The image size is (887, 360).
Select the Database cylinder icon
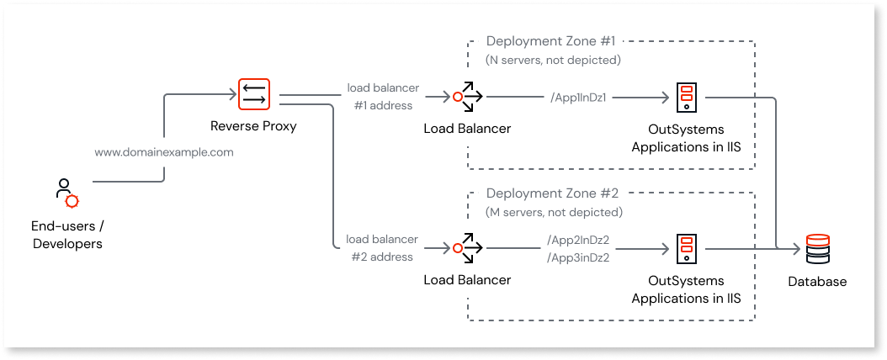click(817, 250)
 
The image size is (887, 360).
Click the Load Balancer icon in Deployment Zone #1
click(467, 98)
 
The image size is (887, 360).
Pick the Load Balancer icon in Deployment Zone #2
click(467, 249)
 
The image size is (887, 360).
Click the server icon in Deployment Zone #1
click(686, 98)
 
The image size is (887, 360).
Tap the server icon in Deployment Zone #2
click(686, 249)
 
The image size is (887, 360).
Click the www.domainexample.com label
click(163, 153)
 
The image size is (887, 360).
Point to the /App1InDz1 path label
click(578, 98)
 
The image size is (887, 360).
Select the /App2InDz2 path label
click(578, 241)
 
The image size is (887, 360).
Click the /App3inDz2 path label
click(578, 257)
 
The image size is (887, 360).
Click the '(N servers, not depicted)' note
click(554, 61)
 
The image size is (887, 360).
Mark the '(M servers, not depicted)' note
click(554, 212)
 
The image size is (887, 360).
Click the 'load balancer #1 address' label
click(382, 97)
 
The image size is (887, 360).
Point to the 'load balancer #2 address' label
click(382, 249)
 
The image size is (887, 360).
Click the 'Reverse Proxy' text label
click(253, 127)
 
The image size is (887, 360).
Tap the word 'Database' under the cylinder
click(817, 282)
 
